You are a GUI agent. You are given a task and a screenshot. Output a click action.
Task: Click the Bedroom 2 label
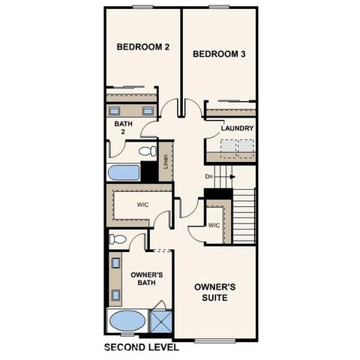click(143, 47)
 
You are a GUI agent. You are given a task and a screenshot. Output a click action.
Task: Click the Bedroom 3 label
click(220, 54)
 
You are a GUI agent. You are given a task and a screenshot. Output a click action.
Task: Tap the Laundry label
click(237, 128)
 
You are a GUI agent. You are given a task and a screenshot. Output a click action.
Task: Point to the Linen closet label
click(165, 161)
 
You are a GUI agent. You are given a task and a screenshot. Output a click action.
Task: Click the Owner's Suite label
click(215, 292)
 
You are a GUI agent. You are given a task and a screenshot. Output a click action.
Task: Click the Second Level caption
click(140, 347)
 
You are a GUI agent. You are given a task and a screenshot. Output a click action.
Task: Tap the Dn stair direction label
click(211, 177)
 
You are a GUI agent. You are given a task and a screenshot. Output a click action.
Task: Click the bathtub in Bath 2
click(124, 172)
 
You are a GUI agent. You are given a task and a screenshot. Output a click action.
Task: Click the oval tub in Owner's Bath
click(127, 321)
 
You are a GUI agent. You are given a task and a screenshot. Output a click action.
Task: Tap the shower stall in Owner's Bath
click(160, 321)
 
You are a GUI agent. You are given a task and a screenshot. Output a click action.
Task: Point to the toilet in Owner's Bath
click(118, 240)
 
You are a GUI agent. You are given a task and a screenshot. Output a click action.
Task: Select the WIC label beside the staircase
click(214, 225)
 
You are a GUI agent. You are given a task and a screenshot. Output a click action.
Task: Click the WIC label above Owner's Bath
click(143, 204)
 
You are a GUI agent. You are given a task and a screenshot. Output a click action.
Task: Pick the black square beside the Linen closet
click(149, 171)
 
